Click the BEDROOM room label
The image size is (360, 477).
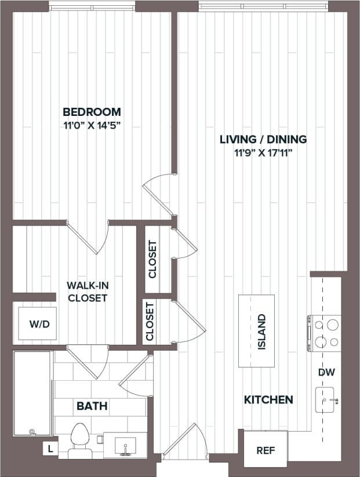(92, 112)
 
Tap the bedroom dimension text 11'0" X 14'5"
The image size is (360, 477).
(92, 124)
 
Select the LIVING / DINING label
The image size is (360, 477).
(263, 139)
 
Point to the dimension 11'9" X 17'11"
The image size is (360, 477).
(263, 152)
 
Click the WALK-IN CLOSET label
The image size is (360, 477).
(87, 292)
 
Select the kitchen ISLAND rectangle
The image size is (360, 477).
(256, 331)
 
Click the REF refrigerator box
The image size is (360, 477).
(265, 450)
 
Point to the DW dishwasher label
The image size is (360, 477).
(326, 373)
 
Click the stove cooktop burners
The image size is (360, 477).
(326, 333)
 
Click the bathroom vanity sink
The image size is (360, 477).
(124, 446)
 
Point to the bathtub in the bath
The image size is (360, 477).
(32, 394)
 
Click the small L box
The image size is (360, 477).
(50, 449)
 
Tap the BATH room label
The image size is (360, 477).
(92, 406)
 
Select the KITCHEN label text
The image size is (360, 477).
(268, 399)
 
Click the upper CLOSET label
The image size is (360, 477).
(152, 259)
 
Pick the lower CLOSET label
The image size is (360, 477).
(150, 321)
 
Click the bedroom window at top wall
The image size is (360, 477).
(92, 7)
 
